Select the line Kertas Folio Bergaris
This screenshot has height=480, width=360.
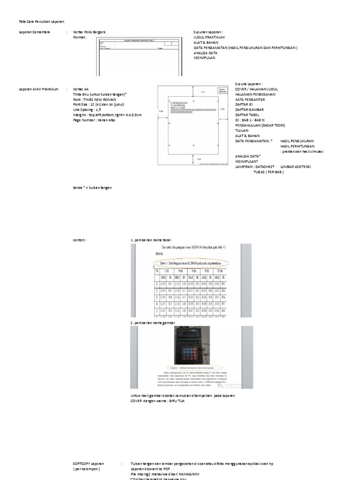[89, 32]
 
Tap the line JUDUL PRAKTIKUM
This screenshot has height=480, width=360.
[210, 37]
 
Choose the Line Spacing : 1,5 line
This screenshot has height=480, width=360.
[87, 109]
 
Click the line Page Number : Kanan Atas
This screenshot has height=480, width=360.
[94, 120]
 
